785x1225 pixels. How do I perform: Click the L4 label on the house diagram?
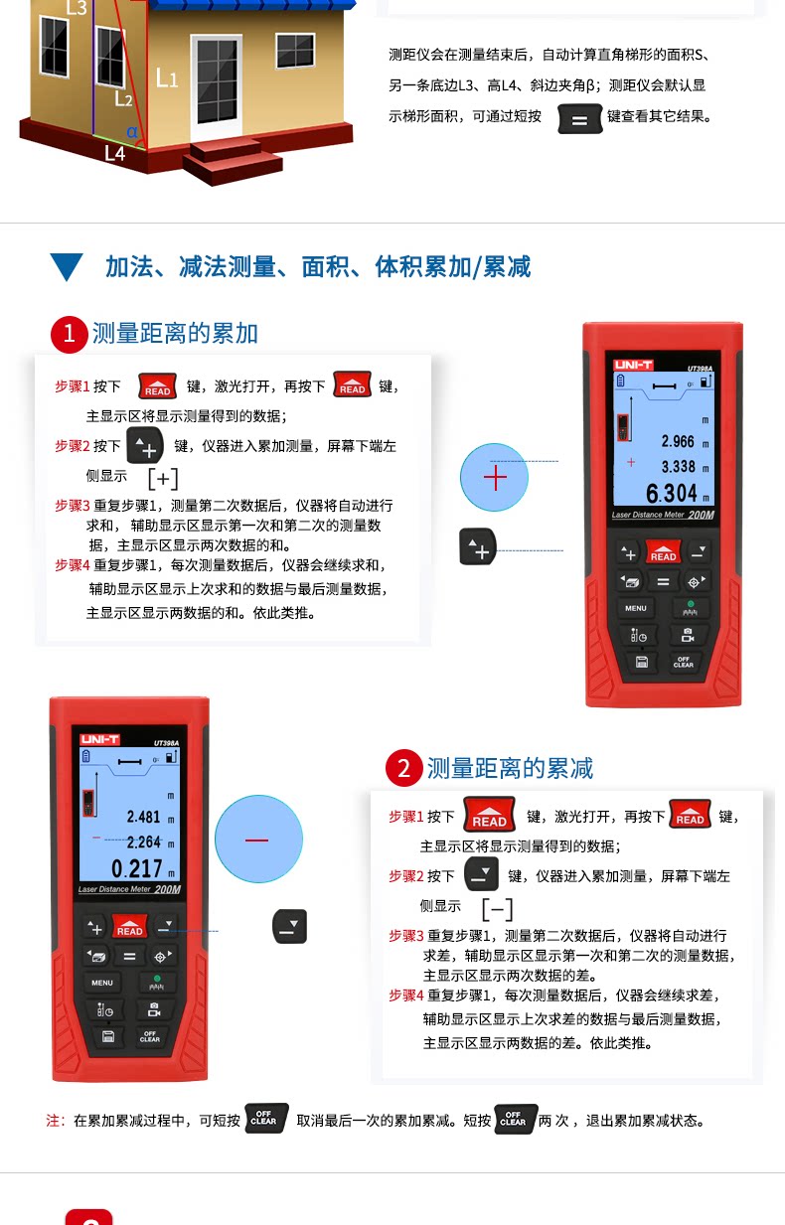(115, 154)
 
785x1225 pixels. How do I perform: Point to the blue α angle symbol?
(132, 132)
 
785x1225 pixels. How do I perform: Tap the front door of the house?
(217, 82)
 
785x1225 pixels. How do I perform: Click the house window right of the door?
(295, 51)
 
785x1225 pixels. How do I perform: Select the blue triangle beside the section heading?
(67, 267)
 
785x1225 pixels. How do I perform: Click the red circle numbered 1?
(70, 334)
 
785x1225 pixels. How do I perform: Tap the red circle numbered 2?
(403, 768)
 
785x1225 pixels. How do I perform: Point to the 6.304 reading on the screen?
(671, 494)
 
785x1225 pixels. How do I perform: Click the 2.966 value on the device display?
(678, 441)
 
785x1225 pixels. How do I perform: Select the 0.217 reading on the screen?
(137, 868)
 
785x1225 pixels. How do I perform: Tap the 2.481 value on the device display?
(143, 817)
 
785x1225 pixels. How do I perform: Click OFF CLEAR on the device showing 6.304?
(684, 663)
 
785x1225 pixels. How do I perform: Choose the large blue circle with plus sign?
(495, 478)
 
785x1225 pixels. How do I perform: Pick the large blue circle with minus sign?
(258, 839)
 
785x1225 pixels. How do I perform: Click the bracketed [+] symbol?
(163, 479)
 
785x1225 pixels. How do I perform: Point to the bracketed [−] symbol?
(497, 909)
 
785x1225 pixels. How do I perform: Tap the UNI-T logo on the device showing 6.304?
(633, 365)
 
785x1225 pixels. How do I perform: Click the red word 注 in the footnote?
(53, 1121)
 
